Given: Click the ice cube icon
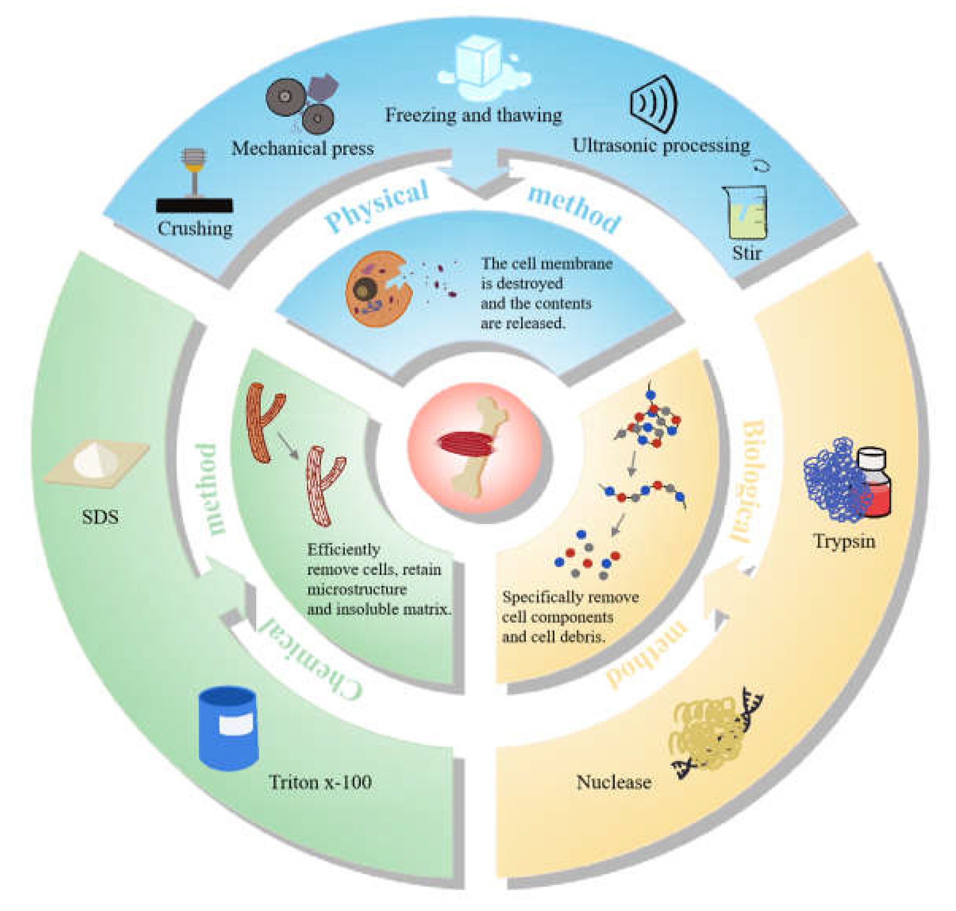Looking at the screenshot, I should pos(478,63).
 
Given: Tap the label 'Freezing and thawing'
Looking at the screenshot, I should pos(473,116).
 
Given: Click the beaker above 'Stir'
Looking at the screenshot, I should pos(746,214).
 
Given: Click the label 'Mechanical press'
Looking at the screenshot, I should pos(302,148).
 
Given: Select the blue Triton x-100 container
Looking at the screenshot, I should pos(228,728).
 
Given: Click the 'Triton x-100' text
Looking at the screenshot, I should pos(320,782).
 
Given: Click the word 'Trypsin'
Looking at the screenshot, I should pos(844,541).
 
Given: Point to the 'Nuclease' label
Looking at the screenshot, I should pos(613,782).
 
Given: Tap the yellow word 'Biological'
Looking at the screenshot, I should pos(752,481).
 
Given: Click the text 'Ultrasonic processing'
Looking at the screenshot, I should pos(661,145).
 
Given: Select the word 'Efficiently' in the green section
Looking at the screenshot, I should pos(343,549).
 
